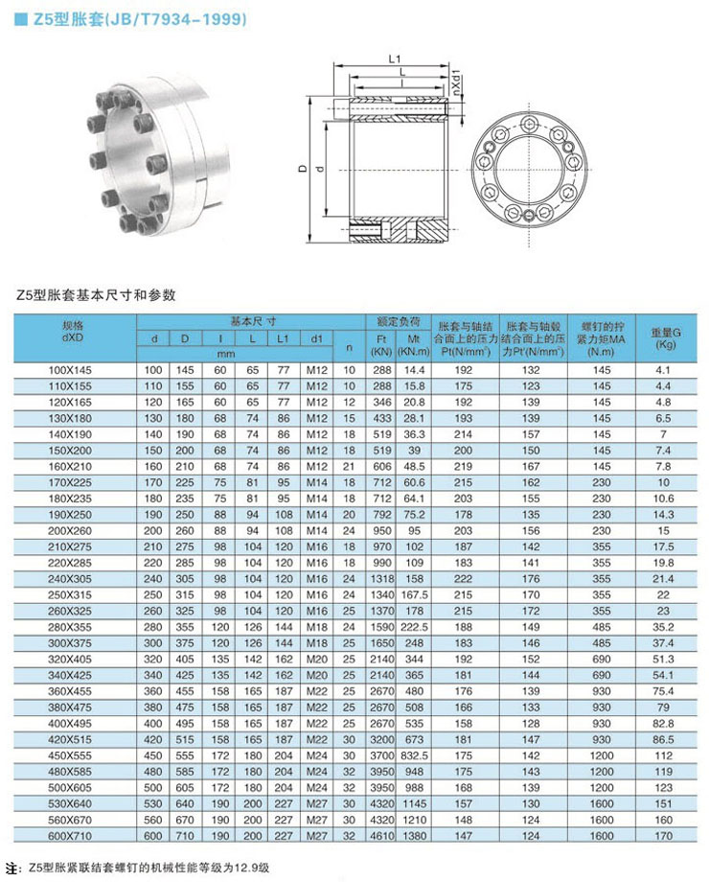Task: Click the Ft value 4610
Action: coord(383,835)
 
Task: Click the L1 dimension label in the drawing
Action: coord(394,59)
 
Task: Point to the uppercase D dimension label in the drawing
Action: coord(303,169)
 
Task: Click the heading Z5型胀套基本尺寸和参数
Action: coord(96,295)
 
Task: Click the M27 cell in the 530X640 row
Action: coord(316,801)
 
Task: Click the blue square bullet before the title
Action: coord(20,18)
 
